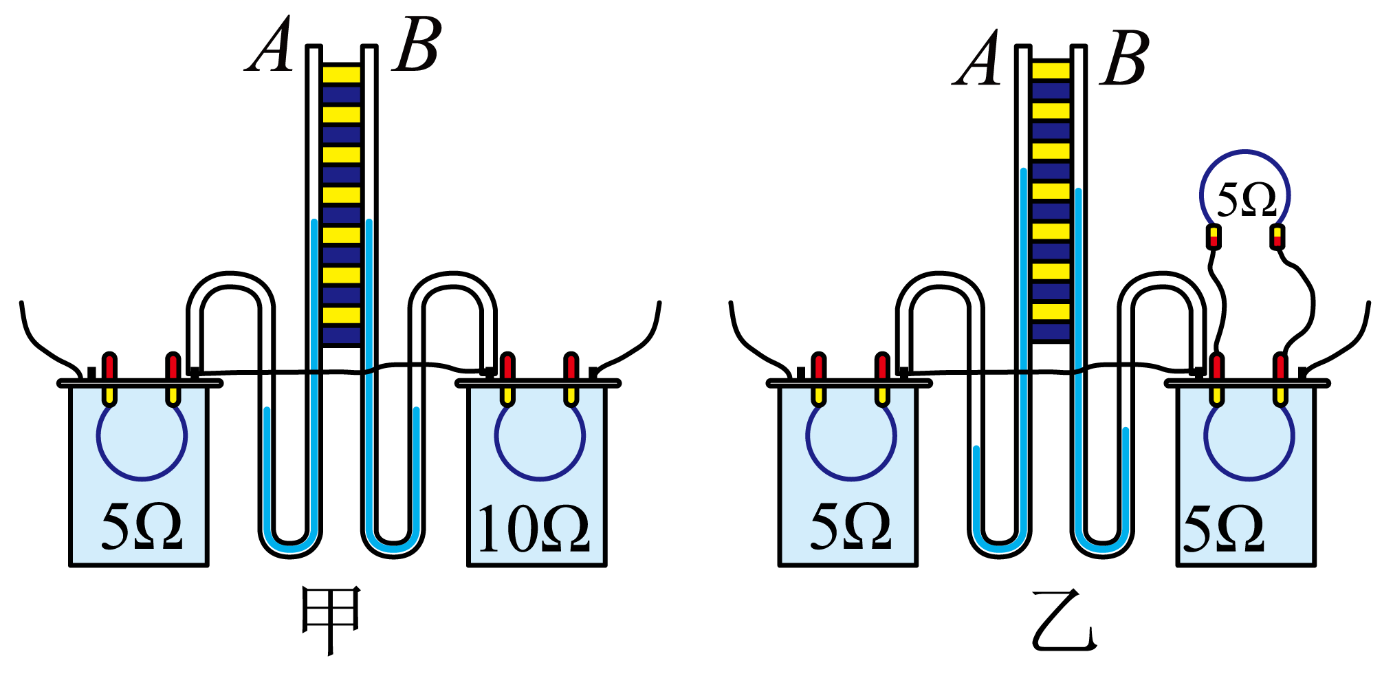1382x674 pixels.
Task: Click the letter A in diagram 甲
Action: pos(271,45)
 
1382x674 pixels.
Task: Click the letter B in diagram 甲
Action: pos(417,45)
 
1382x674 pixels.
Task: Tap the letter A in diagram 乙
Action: pos(976,59)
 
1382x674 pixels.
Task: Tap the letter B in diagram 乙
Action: pos(1125,59)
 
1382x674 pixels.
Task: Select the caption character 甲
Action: pos(331,619)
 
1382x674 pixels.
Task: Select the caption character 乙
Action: pos(1064,619)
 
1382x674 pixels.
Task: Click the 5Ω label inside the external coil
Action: pos(1246,199)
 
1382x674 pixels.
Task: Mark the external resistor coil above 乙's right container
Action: pos(1245,151)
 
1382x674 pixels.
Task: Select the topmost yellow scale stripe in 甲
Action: pos(342,74)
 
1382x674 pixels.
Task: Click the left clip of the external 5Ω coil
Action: pos(1214,237)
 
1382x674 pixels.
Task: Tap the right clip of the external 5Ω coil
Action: pos(1277,237)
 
